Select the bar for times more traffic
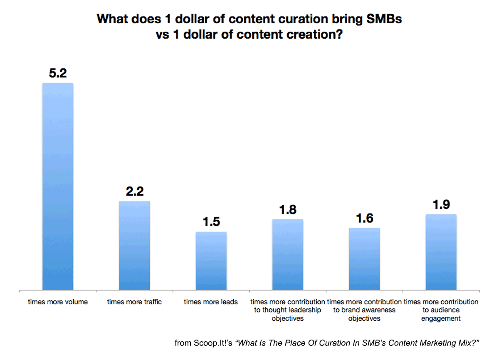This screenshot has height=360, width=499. pyautogui.click(x=134, y=246)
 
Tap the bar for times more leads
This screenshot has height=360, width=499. pyautogui.click(x=211, y=261)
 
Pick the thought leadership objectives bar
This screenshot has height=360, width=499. pyautogui.click(x=288, y=254)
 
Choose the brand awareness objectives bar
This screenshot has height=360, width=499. pyautogui.click(x=364, y=258)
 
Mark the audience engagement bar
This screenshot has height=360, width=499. pyautogui.click(x=441, y=252)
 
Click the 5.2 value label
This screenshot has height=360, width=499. pyautogui.click(x=58, y=74)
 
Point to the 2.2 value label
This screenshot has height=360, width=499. pyautogui.click(x=134, y=192)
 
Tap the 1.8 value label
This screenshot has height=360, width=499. pyautogui.click(x=288, y=210)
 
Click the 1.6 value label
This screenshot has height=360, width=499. pyautogui.click(x=364, y=219)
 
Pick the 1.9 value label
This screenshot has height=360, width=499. pyautogui.click(x=441, y=205)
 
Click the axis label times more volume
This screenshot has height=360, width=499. pyautogui.click(x=58, y=302)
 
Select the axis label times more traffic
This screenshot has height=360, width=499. pyautogui.click(x=134, y=302)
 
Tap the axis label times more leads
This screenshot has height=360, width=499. pyautogui.click(x=211, y=302)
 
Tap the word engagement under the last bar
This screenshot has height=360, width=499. pyautogui.click(x=441, y=319)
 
